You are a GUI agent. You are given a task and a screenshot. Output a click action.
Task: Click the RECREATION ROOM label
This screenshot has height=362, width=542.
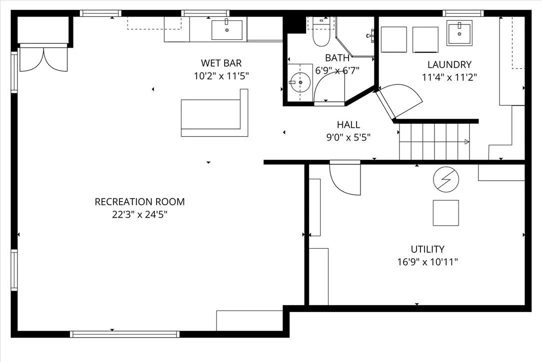(x=139, y=202)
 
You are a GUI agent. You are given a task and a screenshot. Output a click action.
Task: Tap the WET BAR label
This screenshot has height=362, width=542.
(x=221, y=63)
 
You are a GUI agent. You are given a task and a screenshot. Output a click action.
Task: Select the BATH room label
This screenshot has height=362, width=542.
(x=337, y=57)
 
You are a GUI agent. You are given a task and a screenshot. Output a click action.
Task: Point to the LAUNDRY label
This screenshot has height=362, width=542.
(x=449, y=64)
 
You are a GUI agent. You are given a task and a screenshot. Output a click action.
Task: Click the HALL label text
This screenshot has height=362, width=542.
(x=348, y=124)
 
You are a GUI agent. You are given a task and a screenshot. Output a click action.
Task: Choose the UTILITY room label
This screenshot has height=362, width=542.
(x=427, y=249)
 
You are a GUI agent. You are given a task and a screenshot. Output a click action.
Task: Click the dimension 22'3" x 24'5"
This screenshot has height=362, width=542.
(x=139, y=215)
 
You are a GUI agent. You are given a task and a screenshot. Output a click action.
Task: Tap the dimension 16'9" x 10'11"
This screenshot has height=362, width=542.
(x=427, y=262)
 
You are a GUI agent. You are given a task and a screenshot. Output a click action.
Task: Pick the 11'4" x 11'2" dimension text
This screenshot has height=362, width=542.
(x=449, y=77)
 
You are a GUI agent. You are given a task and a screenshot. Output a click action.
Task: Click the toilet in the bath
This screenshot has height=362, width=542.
(x=321, y=32)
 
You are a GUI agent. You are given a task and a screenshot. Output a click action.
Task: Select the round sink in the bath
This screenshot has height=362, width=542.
(x=300, y=82)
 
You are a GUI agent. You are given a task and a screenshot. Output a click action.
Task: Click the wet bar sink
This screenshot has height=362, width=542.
(x=227, y=30)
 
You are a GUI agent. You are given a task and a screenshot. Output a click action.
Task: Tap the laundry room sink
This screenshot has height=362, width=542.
(x=459, y=33)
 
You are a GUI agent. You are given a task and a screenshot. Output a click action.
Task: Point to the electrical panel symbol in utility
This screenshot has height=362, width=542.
(x=446, y=179)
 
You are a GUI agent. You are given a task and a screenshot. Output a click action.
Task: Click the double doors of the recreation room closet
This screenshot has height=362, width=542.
(x=43, y=58)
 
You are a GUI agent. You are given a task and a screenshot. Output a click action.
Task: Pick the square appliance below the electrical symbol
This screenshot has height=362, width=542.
(x=446, y=213)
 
